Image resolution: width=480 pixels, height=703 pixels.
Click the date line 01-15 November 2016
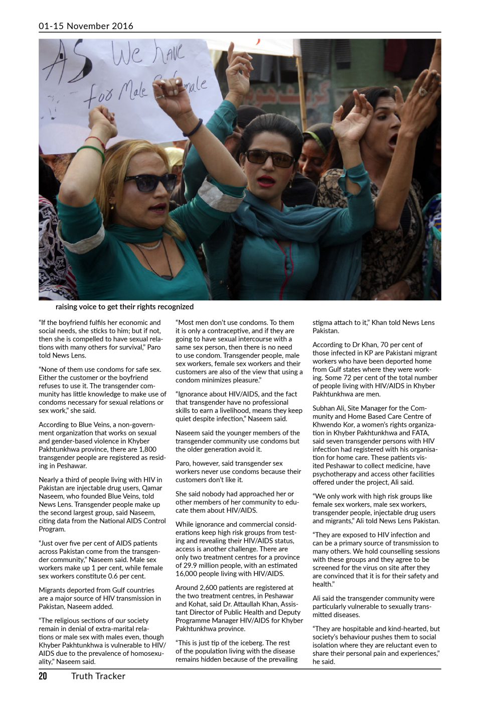pos(86,26)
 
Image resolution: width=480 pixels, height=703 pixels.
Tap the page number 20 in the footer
pos(43,676)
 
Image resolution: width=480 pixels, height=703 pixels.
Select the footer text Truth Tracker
pos(98,676)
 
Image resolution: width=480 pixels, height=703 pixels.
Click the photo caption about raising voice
pos(124,307)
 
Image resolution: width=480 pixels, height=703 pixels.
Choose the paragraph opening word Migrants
pos(53,590)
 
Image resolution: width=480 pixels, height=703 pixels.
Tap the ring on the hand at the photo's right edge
pos(422,91)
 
